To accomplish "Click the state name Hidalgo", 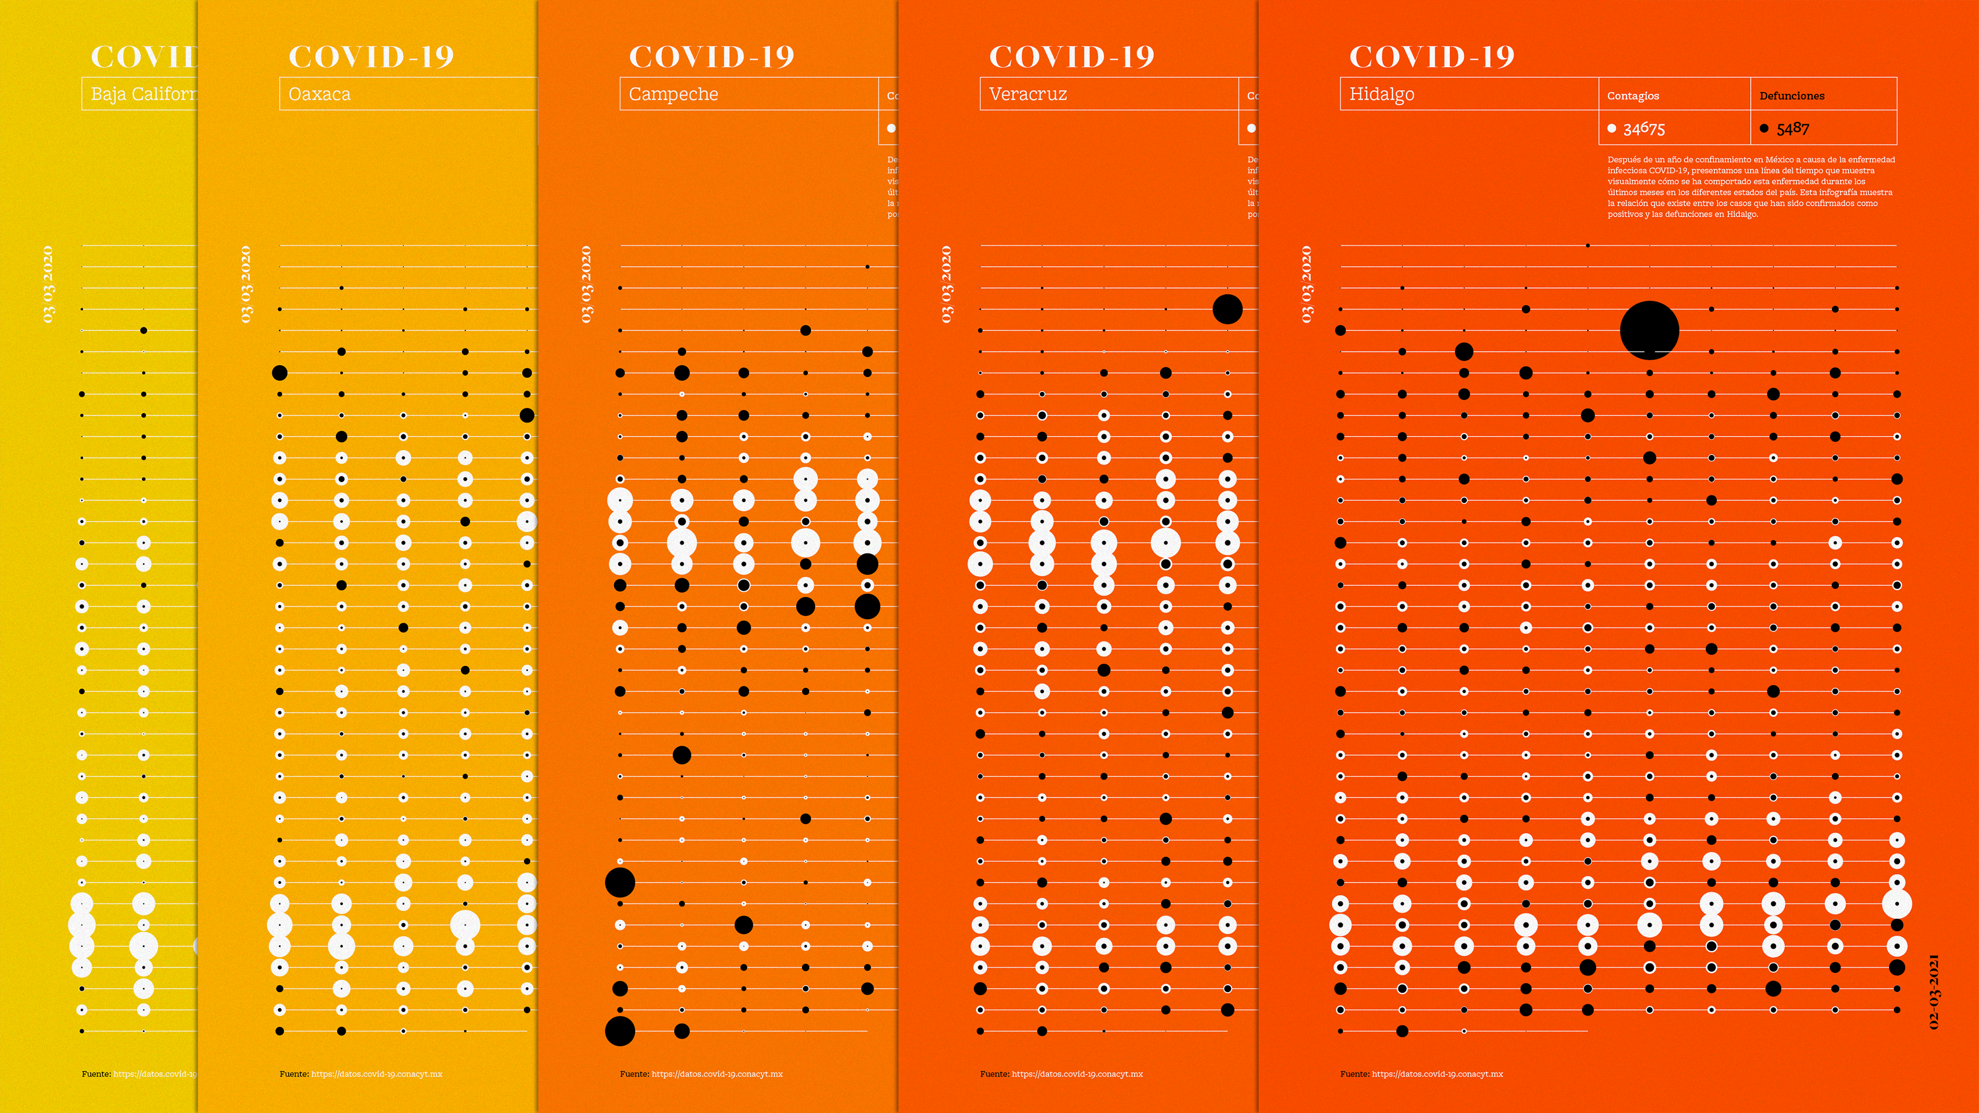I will point(1381,94).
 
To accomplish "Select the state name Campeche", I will point(673,94).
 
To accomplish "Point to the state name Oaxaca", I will point(319,94).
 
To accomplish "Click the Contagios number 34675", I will point(1644,128).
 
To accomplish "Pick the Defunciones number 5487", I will point(1793,128).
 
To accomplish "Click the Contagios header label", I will point(1633,96).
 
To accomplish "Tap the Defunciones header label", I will point(1791,96).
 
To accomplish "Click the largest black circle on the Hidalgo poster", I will point(1649,330).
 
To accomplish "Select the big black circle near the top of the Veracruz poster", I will point(1227,309).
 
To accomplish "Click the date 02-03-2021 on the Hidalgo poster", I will point(1934,991).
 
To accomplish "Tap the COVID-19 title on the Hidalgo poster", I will point(1431,56).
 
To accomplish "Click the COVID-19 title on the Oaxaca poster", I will point(371,56).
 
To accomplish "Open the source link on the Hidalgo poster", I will point(1437,1074).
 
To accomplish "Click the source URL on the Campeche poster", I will point(717,1074).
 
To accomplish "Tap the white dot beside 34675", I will point(1612,128).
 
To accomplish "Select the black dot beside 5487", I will point(1764,128).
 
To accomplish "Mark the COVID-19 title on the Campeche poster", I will point(711,56).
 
